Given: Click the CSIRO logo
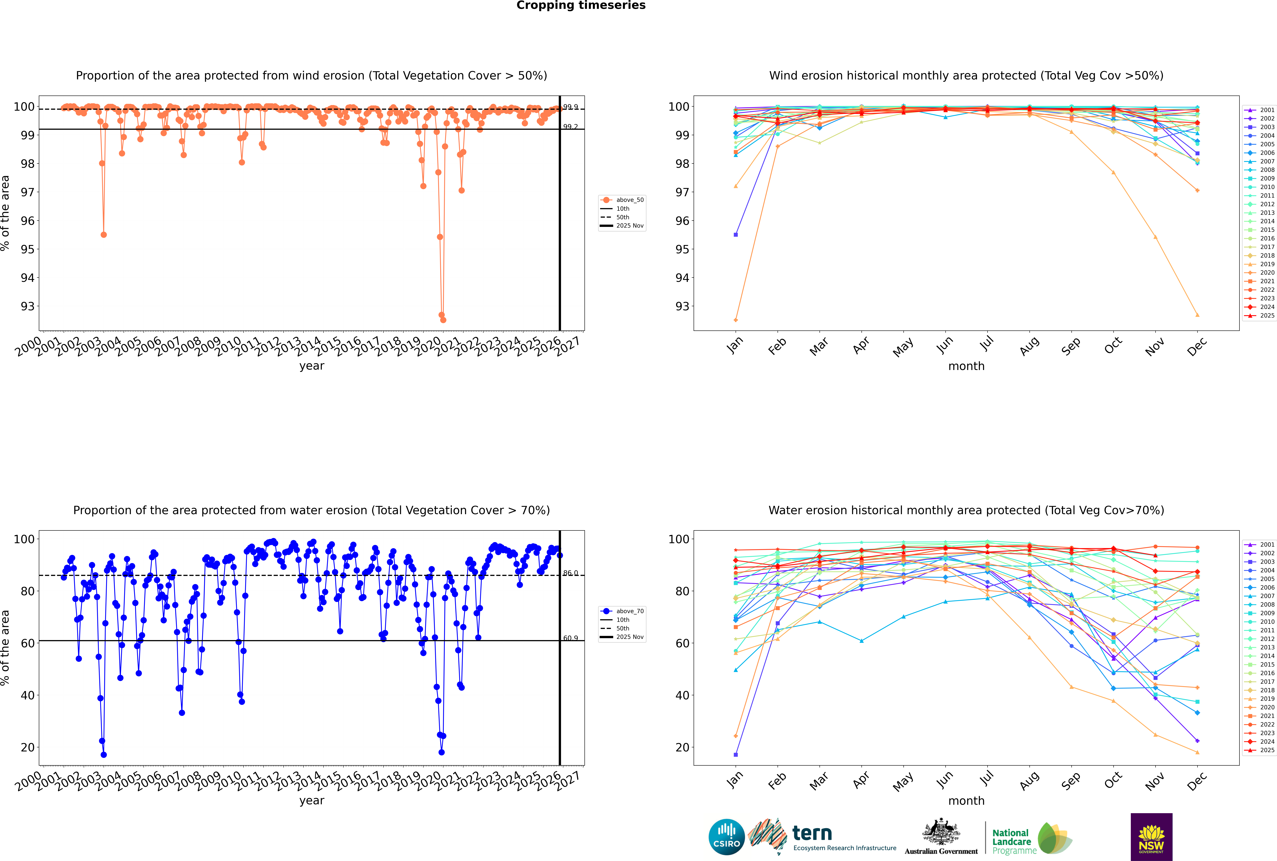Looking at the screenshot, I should pyautogui.click(x=726, y=837).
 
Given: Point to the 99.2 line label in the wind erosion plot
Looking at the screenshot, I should pyautogui.click(x=570, y=127).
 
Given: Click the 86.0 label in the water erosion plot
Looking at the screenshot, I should pyautogui.click(x=570, y=573).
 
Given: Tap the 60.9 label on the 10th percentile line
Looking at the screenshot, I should pyautogui.click(x=570, y=638).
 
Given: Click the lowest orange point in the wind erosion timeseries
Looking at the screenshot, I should pyautogui.click(x=443, y=320).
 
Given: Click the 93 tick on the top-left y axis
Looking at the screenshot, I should pyautogui.click(x=27, y=306).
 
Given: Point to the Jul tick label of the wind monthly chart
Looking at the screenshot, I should pyautogui.click(x=987, y=344).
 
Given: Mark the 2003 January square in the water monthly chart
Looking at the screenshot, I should pyautogui.click(x=736, y=754).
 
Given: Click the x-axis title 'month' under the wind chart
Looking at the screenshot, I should pyautogui.click(x=966, y=366).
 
